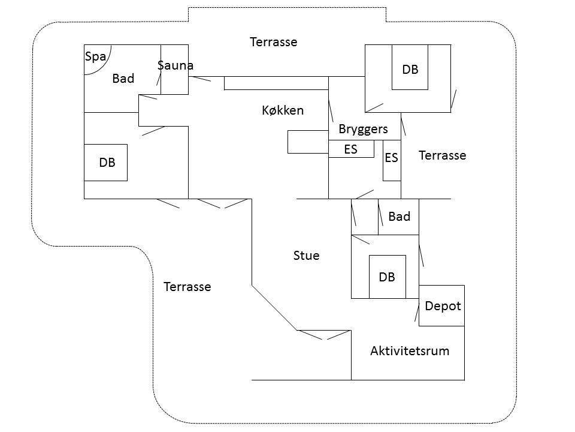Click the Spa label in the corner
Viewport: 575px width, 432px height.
[95, 57]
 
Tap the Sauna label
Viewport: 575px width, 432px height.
[175, 65]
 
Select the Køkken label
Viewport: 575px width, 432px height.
[283, 110]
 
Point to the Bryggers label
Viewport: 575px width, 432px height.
[363, 130]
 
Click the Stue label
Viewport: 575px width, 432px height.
[306, 256]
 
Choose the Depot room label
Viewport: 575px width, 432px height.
[443, 306]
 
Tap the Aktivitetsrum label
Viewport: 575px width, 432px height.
[410, 351]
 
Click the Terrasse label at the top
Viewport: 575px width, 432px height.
[274, 42]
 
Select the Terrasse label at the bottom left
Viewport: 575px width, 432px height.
[187, 287]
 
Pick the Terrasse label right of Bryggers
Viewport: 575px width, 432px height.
[442, 155]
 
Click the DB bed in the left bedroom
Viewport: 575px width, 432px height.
[105, 163]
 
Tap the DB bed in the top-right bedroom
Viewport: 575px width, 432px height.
[410, 67]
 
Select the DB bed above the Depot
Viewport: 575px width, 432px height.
[388, 277]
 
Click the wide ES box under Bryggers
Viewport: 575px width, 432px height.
[352, 149]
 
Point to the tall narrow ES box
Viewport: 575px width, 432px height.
[392, 160]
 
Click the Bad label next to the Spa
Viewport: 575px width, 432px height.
[123, 78]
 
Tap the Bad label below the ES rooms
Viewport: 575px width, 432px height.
[400, 217]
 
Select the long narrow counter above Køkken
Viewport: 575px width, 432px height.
[276, 83]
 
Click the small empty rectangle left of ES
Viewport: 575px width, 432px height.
[308, 142]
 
